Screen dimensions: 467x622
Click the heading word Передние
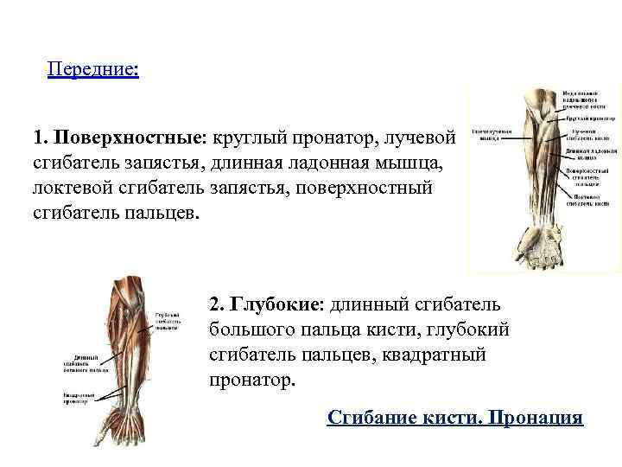(x=92, y=67)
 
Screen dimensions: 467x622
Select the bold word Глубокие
(x=276, y=305)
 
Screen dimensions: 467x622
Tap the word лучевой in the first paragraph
(x=416, y=138)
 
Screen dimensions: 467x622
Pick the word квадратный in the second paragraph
(x=442, y=355)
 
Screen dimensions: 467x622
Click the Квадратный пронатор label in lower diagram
(x=77, y=397)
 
